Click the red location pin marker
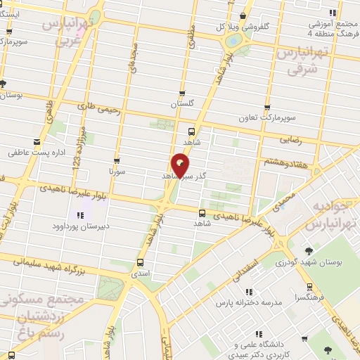(181, 165)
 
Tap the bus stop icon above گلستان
(182, 94)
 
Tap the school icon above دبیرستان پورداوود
(78, 214)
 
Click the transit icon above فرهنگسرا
(310, 288)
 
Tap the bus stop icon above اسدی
(139, 264)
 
